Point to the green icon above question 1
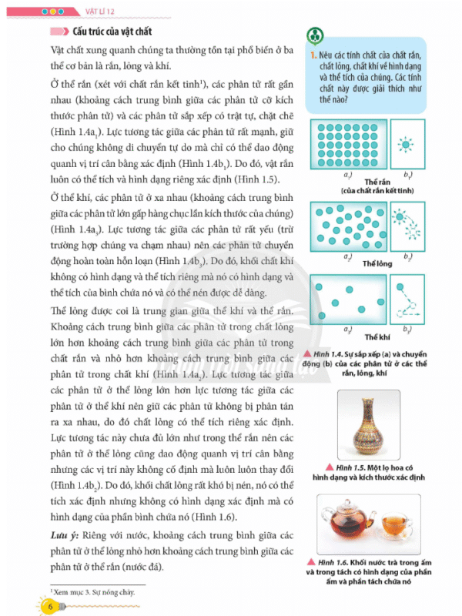(x=313, y=35)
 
